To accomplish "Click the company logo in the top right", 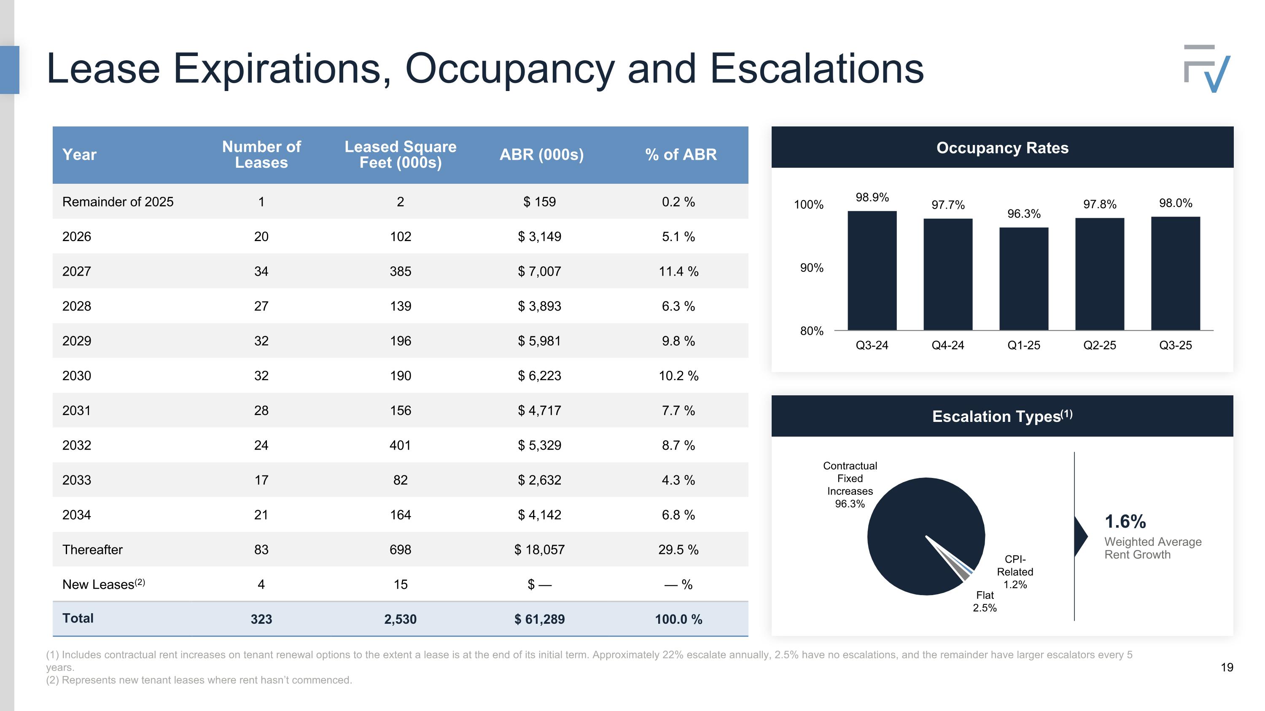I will (1206, 68).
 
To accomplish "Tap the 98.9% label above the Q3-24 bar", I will (872, 197).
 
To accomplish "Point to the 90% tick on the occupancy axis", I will (811, 268).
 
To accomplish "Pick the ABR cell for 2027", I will (539, 271).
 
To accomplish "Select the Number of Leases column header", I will (261, 155).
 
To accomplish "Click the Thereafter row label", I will (92, 550).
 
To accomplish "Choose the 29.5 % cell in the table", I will (678, 550).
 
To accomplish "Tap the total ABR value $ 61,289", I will (539, 619).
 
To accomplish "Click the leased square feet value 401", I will (400, 445).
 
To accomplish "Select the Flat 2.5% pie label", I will (985, 601).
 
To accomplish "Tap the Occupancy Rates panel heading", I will (1002, 148).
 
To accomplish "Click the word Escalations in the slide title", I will (816, 69).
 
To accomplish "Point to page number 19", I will (1227, 667).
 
